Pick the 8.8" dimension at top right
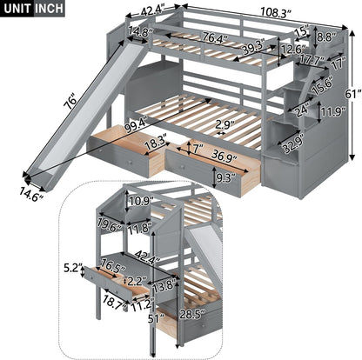click(x=325, y=37)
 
